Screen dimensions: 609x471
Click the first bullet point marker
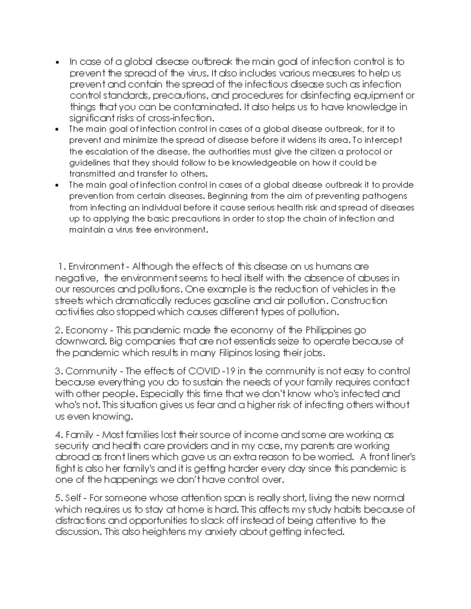pos(58,63)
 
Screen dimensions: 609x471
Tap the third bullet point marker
pos(58,185)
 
